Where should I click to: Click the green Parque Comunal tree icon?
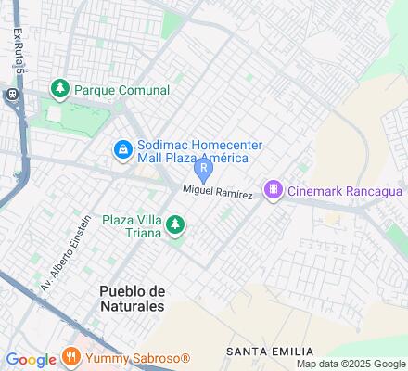tap(60, 89)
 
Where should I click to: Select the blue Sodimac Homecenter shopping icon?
tap(122, 148)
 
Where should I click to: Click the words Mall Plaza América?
tap(191, 160)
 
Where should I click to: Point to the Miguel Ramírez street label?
tap(218, 192)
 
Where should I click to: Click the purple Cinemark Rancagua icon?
tap(273, 190)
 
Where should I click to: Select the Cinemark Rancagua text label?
tap(344, 191)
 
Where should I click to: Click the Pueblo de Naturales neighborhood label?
tap(131, 298)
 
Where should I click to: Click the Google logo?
tap(31, 360)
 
